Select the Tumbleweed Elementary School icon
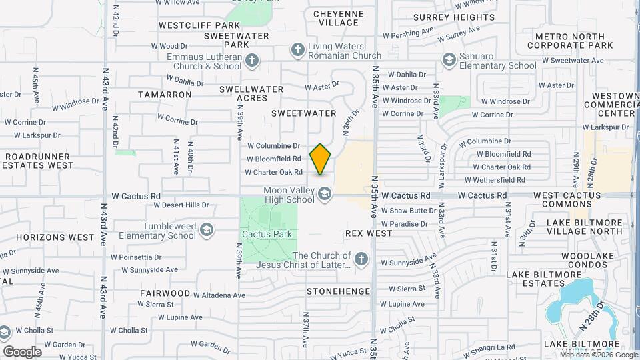[207, 230]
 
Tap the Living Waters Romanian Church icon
[297, 50]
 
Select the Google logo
[22, 352]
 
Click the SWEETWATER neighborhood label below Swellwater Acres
[304, 113]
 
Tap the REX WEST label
[369, 234]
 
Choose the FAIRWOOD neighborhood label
[165, 293]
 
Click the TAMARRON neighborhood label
[165, 95]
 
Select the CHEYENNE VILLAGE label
[339, 18]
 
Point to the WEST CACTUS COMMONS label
[567, 201]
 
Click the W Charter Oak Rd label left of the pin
[273, 172]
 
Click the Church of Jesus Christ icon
[361, 259]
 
